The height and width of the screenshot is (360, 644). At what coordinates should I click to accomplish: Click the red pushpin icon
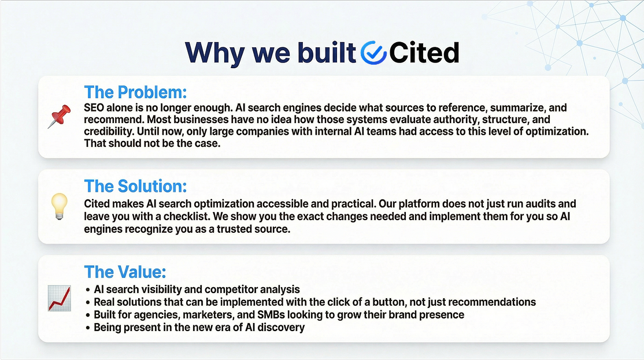tap(59, 117)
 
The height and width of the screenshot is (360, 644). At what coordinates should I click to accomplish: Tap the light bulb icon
tap(59, 206)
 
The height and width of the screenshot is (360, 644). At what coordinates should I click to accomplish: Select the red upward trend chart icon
tap(59, 298)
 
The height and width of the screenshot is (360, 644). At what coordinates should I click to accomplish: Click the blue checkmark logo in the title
tap(373, 53)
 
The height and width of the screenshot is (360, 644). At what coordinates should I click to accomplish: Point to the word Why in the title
tap(215, 53)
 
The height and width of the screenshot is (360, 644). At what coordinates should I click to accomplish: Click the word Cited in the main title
tap(424, 53)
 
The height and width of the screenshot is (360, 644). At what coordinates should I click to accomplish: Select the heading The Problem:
tap(135, 92)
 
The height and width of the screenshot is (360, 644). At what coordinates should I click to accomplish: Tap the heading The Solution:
tap(135, 186)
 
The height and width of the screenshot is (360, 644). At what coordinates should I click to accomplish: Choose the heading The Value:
tap(125, 272)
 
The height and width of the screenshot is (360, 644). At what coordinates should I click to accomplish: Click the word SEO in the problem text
tap(94, 107)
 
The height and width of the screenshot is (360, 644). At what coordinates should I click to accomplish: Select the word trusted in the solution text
tap(235, 229)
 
